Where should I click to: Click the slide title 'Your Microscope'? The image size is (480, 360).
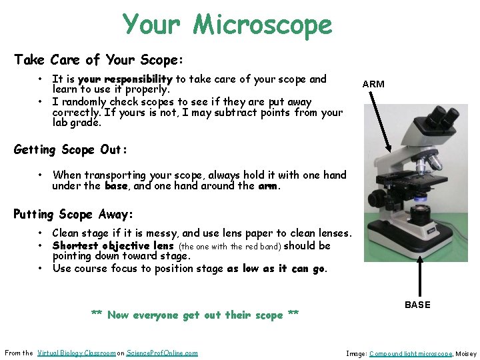point(227,25)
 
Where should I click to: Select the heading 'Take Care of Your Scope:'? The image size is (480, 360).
point(98,60)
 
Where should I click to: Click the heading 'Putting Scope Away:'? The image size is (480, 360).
point(73,215)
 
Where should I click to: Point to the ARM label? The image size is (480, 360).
point(373,84)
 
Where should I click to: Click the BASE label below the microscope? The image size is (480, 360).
point(418,305)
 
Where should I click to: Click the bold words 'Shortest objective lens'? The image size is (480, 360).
point(113,245)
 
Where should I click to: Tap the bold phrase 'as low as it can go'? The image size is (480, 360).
point(277,269)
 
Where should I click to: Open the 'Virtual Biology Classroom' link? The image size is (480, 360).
point(76,353)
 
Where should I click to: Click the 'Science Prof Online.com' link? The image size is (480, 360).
point(162,353)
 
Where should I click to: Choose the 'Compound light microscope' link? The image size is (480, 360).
point(410,353)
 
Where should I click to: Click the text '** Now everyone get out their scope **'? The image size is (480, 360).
point(195,315)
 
